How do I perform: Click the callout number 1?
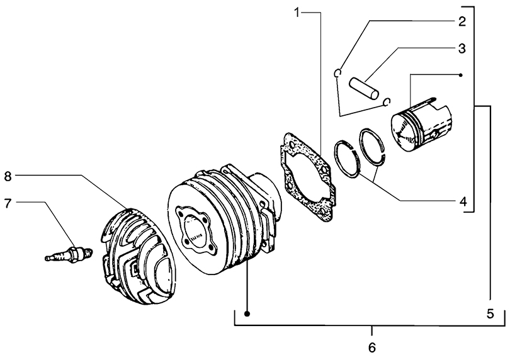point(297,13)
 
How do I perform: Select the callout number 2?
point(462,22)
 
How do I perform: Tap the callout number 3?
point(462,49)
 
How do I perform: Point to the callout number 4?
point(463,201)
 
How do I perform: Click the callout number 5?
point(490,314)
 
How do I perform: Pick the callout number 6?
point(372,347)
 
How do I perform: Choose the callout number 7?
point(8,203)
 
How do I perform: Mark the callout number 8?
point(8,177)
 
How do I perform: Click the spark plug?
point(69,254)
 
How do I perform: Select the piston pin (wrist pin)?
point(364,87)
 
